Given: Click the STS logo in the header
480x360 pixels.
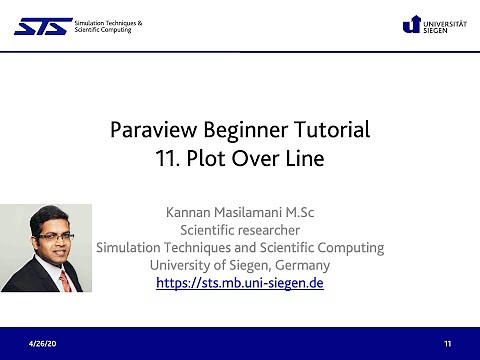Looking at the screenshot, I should [x=42, y=25].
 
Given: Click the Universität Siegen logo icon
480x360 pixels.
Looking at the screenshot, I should [x=411, y=25].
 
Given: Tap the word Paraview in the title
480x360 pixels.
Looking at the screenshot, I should [x=153, y=130].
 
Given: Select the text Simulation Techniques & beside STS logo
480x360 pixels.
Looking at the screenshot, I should [x=108, y=21].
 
